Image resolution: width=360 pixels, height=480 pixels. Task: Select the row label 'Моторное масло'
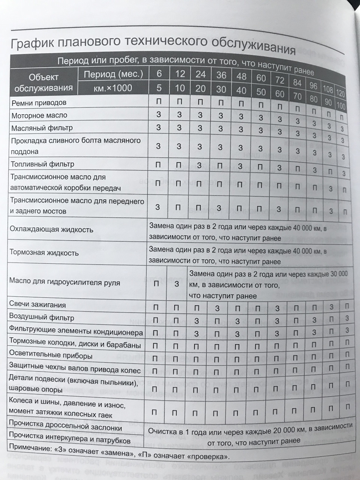[39, 115]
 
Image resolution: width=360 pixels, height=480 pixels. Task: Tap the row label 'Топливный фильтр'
[42, 164]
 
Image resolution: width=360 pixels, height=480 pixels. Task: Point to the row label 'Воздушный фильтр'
[42, 318]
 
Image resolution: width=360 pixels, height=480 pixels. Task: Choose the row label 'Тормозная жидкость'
[44, 252]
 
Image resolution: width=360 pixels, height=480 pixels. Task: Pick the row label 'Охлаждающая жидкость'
[51, 229]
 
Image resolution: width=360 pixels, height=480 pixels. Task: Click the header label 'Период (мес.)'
[113, 74]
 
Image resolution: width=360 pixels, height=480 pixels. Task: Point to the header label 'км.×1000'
[113, 88]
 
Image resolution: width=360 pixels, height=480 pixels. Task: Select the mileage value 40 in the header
[241, 90]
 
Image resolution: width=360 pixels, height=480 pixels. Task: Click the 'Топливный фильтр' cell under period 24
[199, 165]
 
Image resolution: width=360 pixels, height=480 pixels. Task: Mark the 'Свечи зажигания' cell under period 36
[217, 308]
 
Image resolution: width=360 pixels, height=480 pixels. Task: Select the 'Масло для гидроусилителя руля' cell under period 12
[177, 284]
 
